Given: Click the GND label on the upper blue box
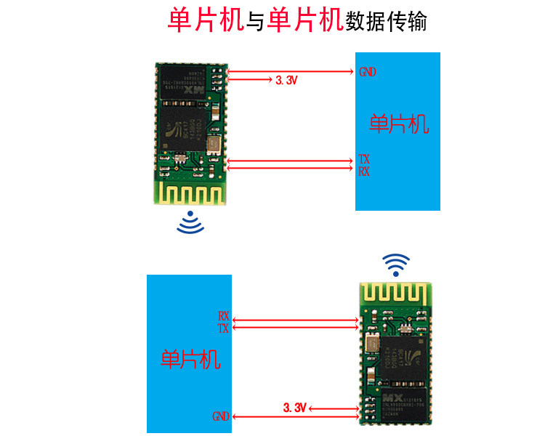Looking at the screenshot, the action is [368, 72].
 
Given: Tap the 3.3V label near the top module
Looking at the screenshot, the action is [287, 81].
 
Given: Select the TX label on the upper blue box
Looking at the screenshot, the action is [364, 159].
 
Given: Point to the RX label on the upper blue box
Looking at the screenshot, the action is [364, 171].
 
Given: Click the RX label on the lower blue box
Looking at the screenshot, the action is [224, 317].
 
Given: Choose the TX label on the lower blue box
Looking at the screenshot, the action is [224, 328].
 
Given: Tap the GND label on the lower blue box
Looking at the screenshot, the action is [221, 417].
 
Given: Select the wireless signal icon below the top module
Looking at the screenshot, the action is [191, 223].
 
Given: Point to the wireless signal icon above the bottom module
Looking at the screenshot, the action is [396, 265].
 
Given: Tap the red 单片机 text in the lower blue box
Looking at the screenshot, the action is [190, 359].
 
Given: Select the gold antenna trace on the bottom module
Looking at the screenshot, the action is [397, 294].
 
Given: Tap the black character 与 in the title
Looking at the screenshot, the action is [254, 21].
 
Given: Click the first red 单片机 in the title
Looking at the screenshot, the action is [205, 20].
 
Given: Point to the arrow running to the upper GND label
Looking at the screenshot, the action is [291, 72].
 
